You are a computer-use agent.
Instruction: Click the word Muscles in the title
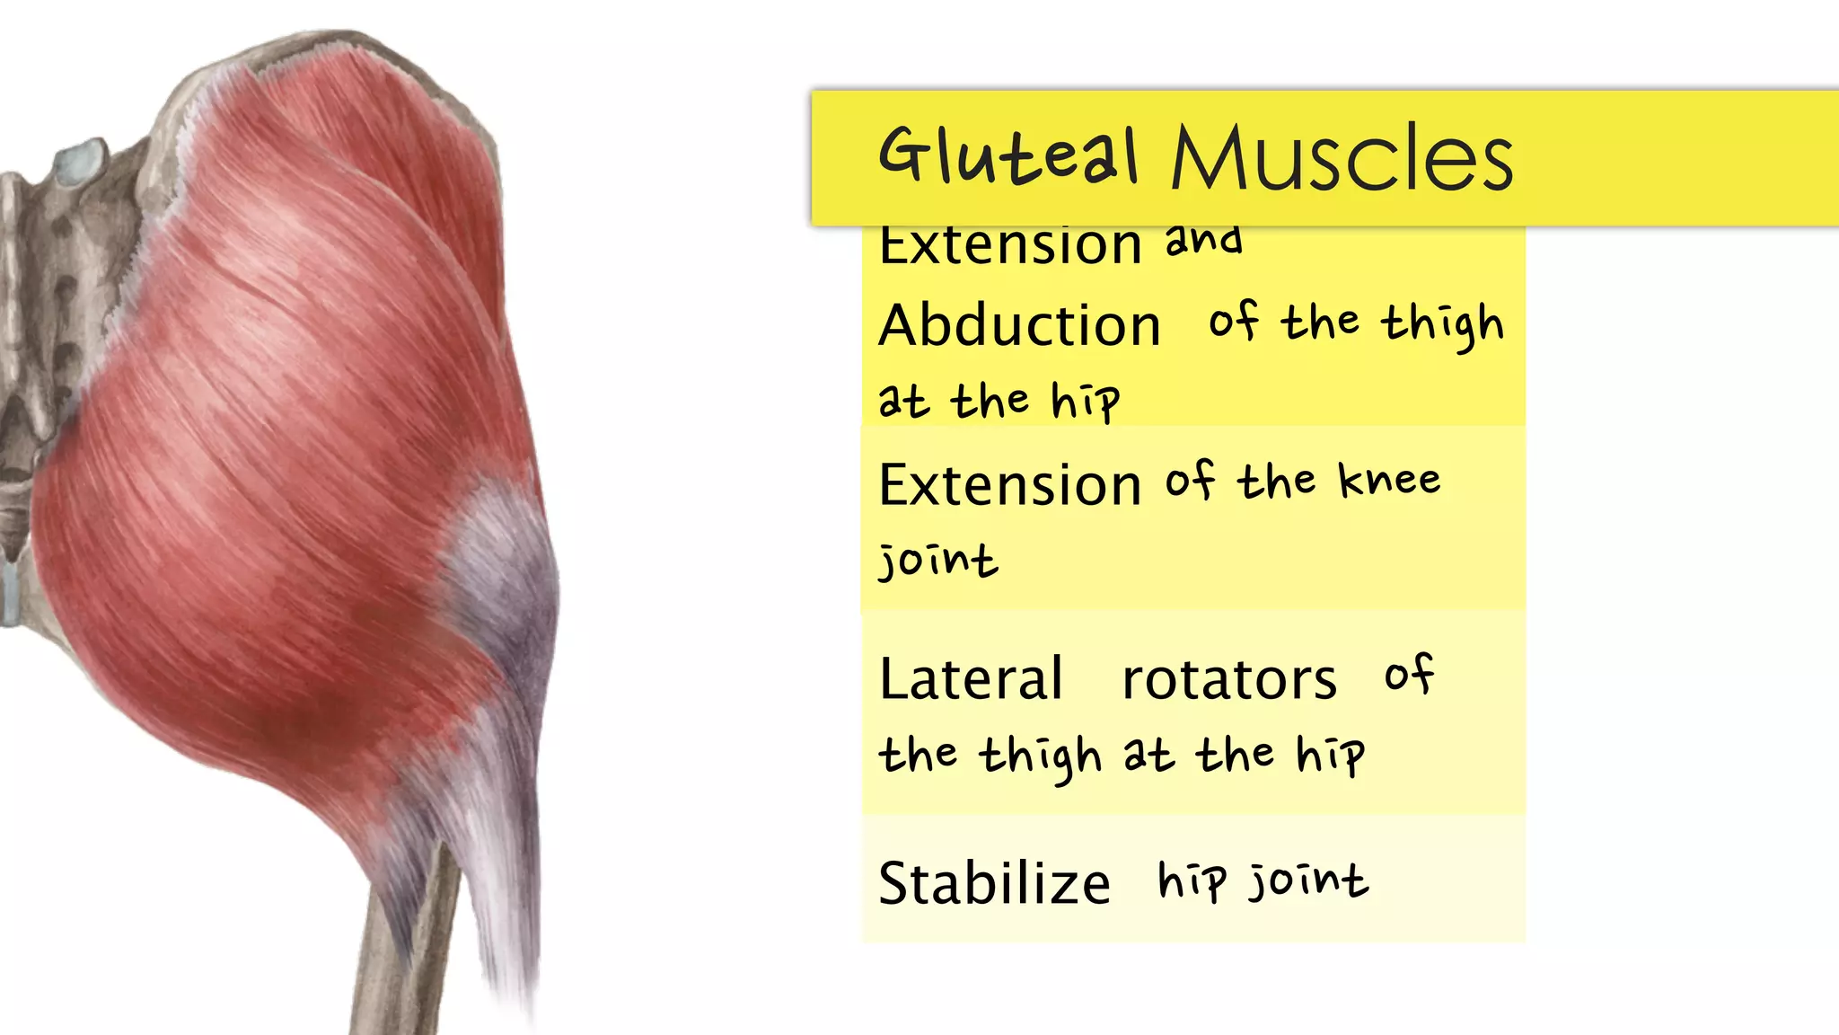[1342, 158]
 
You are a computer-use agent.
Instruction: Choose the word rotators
[1229, 679]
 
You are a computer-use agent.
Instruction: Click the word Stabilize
[994, 883]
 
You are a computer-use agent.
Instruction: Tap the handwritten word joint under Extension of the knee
[937, 561]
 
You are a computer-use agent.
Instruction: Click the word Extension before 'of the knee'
[1009, 485]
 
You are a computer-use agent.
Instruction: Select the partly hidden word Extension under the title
[1009, 246]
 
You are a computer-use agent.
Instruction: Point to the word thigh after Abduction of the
[1442, 324]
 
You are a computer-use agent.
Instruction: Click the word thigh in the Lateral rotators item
[1040, 756]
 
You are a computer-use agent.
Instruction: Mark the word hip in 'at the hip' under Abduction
[1086, 401]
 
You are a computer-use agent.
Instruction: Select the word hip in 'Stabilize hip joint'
[1191, 880]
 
